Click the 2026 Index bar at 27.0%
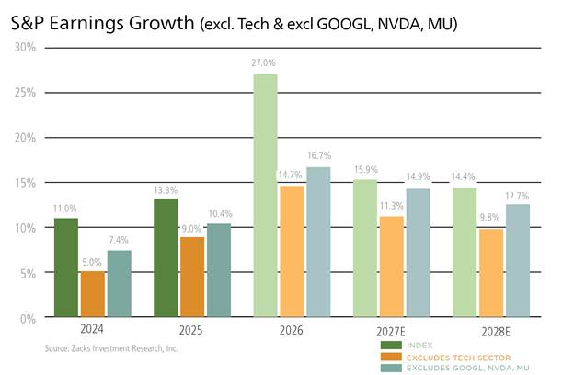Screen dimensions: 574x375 pos(266,196)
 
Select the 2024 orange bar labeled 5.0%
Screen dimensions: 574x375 pos(93,294)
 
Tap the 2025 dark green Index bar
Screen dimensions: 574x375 pos(166,257)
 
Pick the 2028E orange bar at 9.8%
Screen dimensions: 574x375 pos(491,273)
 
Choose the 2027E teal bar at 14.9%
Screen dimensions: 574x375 pos(418,253)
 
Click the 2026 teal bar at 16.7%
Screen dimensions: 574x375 pos(318,242)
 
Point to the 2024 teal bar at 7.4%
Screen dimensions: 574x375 pos(120,283)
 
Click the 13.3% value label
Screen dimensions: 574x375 pos(166,190)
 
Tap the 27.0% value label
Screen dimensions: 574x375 pos(263,62)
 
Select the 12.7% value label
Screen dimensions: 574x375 pos(517,197)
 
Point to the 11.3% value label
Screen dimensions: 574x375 pos(391,206)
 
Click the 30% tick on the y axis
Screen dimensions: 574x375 pos(25,47)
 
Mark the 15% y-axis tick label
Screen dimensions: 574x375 pos(25,183)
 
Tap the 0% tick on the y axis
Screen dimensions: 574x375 pos(28,319)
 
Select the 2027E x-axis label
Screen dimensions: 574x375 pos(391,332)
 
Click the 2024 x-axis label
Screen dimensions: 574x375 pos(91,329)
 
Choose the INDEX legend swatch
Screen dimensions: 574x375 pos(391,345)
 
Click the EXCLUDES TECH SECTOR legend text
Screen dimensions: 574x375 pos(458,358)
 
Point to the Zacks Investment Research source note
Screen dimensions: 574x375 pos(111,348)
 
